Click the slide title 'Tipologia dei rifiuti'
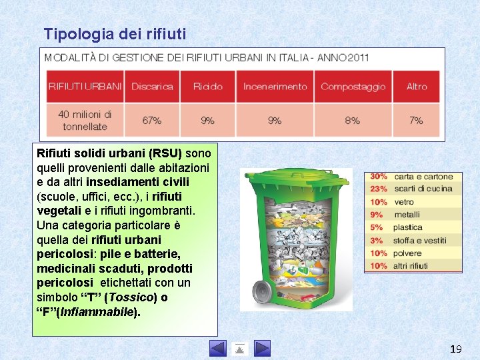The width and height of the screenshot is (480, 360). (x=115, y=33)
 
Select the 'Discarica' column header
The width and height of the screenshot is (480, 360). (x=152, y=87)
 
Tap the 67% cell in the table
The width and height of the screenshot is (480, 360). (x=152, y=121)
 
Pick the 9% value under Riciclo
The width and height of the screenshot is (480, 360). (x=208, y=121)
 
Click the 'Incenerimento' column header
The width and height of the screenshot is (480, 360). (x=275, y=87)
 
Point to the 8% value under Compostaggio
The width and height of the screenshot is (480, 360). (x=353, y=121)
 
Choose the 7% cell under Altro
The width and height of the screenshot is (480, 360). (x=417, y=121)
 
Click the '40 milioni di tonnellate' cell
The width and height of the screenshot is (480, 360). (x=85, y=121)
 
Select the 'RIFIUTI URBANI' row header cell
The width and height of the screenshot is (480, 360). (x=85, y=87)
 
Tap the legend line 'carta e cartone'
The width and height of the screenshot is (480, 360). (x=423, y=177)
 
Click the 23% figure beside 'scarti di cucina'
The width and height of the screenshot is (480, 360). (x=379, y=189)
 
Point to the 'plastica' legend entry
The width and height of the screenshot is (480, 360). (x=407, y=227)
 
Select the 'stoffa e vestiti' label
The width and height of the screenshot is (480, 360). (x=420, y=240)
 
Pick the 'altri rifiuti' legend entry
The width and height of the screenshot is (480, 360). (x=411, y=265)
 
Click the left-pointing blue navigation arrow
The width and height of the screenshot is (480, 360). (x=218, y=348)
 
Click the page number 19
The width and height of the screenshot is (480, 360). (x=456, y=349)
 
